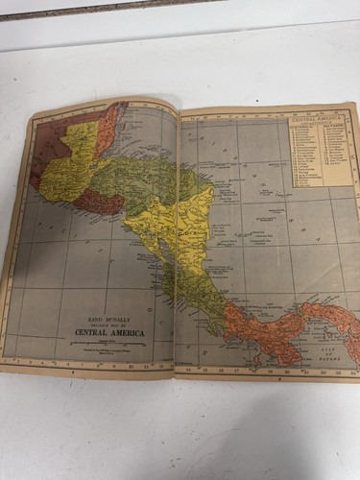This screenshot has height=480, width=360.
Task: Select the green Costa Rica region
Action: [206, 298]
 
